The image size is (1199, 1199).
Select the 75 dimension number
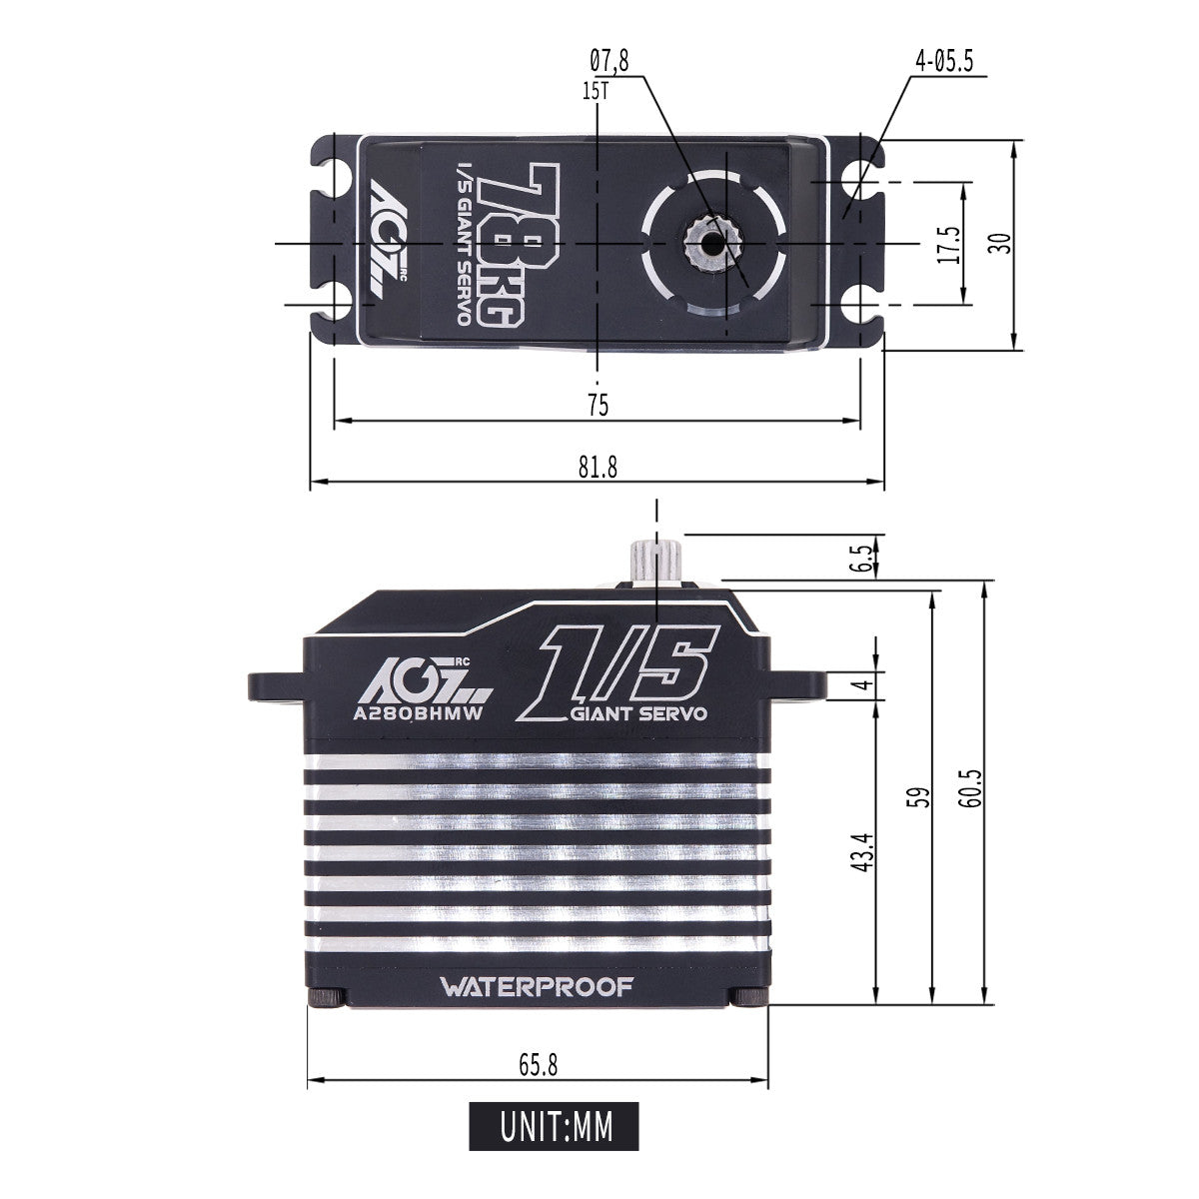coord(598,406)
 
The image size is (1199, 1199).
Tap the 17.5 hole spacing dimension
coord(948,243)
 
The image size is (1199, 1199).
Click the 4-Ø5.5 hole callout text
coord(943,62)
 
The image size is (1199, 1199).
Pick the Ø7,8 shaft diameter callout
coord(609,62)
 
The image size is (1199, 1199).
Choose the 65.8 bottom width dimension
coord(538,1065)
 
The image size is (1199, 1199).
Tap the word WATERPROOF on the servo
coord(538,987)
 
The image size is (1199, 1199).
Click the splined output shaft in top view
coord(710,243)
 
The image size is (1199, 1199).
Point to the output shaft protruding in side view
coord(655,559)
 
